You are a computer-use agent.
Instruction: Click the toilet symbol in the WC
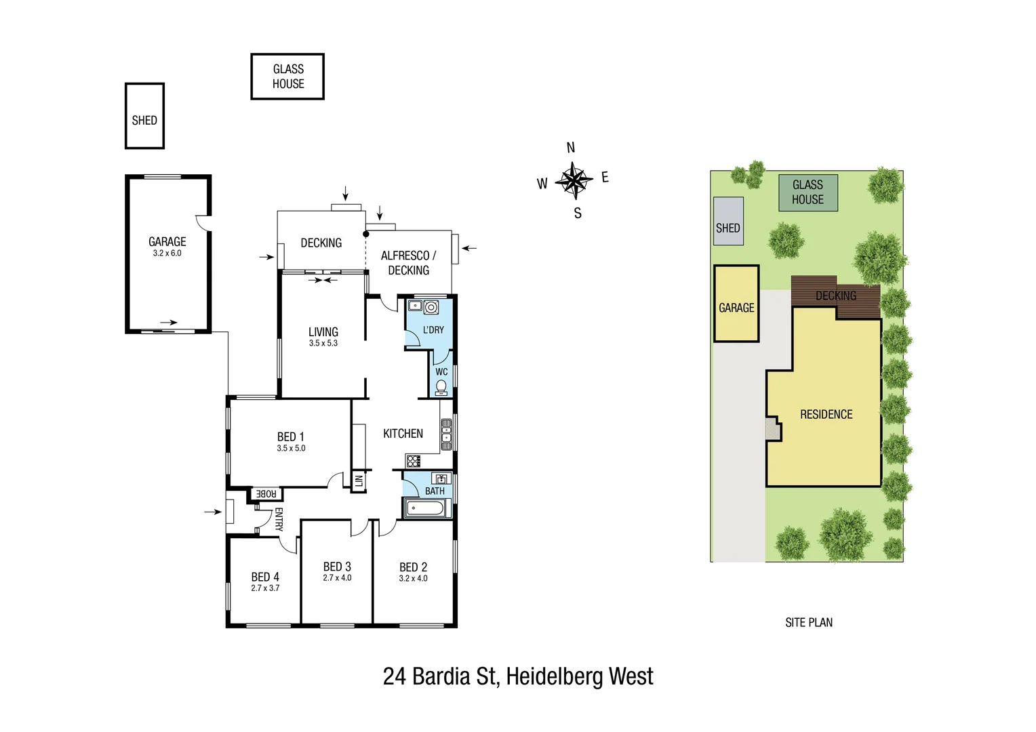(x=441, y=387)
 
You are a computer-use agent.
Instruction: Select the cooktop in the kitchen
(x=414, y=462)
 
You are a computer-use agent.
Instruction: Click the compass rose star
(x=574, y=180)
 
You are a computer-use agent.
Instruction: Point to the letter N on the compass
(x=571, y=148)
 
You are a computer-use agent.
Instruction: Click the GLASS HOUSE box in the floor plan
(x=287, y=77)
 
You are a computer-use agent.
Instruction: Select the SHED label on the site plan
(x=728, y=228)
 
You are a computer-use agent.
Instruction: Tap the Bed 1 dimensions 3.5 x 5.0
(x=291, y=448)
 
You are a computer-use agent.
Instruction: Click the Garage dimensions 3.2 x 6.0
(x=167, y=253)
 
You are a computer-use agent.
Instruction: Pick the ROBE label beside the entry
(x=266, y=494)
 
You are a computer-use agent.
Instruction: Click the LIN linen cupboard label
(x=359, y=481)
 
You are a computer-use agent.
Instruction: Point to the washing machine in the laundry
(x=431, y=308)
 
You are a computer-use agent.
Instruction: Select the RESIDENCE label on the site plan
(x=826, y=414)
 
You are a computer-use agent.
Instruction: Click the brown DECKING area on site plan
(x=835, y=296)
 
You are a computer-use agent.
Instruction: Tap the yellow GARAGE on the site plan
(x=736, y=308)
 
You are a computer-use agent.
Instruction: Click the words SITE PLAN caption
(x=809, y=622)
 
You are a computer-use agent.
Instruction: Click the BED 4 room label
(x=265, y=577)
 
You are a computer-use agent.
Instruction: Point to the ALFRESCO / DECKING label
(x=408, y=263)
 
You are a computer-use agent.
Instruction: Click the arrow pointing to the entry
(x=213, y=512)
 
